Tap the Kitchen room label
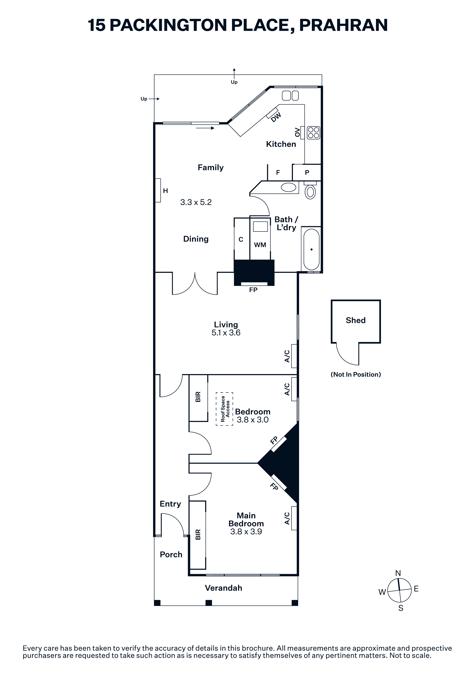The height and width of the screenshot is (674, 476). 281,144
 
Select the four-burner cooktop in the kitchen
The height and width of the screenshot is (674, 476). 313,133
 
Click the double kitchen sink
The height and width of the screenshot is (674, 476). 290,96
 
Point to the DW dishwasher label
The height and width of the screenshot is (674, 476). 276,117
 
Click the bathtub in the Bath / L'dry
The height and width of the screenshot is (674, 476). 311,250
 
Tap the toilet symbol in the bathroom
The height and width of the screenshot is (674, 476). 310,191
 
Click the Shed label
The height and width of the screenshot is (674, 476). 355,320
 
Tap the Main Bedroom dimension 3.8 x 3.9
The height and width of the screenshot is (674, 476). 246,532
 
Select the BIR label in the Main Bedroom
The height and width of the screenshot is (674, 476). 198,535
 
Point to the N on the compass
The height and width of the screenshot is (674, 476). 398,573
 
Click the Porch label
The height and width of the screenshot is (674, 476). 171,554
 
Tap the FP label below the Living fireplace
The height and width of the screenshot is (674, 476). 253,290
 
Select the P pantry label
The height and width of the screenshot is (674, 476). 307,173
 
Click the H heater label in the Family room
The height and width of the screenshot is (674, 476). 165,191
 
